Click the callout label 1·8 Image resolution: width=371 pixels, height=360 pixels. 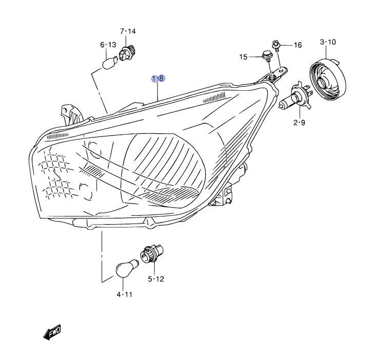(x=158, y=78)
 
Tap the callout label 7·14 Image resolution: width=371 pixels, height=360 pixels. (x=128, y=31)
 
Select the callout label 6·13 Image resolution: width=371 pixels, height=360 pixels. (x=108, y=45)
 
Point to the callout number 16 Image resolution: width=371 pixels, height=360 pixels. (x=298, y=45)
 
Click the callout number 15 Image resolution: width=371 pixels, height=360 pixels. (x=244, y=56)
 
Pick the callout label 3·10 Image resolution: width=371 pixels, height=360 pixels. (x=327, y=42)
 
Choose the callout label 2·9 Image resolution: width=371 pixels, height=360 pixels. (x=299, y=122)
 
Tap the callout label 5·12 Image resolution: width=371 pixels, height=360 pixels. (x=156, y=279)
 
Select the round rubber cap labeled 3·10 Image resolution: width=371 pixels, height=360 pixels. (x=327, y=79)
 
